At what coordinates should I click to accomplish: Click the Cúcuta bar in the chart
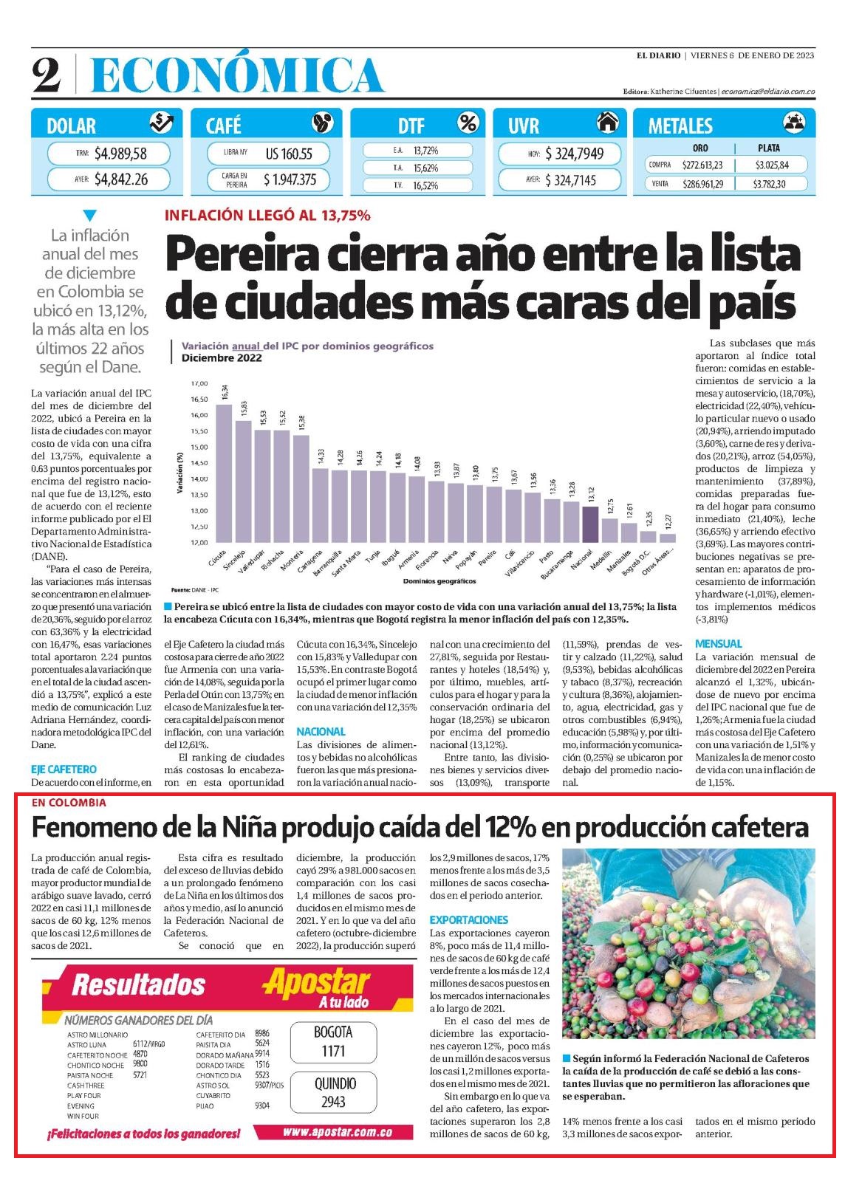coord(223,473)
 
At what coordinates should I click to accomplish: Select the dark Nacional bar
coord(590,524)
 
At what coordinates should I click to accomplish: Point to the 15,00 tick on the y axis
coord(199,447)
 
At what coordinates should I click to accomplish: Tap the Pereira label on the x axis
coord(487,558)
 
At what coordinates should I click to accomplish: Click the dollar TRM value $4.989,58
coord(120,154)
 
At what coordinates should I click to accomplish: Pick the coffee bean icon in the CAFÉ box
coord(323,123)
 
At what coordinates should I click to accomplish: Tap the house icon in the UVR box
coord(607,123)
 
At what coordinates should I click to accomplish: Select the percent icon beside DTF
coord(468,123)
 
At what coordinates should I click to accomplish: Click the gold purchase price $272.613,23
coord(702,165)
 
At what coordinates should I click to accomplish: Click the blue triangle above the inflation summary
coord(89,216)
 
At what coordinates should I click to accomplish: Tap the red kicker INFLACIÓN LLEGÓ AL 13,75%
coord(267,216)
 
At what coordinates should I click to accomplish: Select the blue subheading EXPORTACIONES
coord(468,919)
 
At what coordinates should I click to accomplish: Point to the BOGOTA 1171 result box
coord(334,1041)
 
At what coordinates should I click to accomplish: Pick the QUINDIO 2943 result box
coord(334,1093)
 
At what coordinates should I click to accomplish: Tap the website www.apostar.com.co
coord(338,1133)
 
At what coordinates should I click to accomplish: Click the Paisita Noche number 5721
coord(140,1075)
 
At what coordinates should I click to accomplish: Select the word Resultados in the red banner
coord(139,984)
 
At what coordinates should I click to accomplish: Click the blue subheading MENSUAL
coord(719,644)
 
